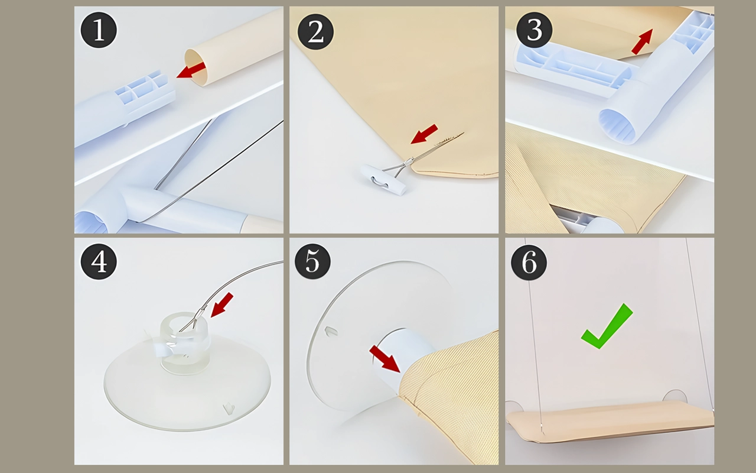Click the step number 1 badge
(99, 30)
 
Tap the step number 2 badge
(315, 32)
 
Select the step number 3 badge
(535, 30)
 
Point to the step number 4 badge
(99, 261)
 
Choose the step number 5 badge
(312, 261)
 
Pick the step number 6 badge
(529, 262)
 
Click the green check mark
(607, 326)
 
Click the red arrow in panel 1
(191, 70)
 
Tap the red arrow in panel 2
(424, 134)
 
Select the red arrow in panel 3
(642, 41)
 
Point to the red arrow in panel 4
(221, 304)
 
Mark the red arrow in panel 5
(385, 359)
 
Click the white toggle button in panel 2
(384, 180)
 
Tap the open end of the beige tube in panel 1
(195, 67)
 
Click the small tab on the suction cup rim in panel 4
(229, 409)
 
